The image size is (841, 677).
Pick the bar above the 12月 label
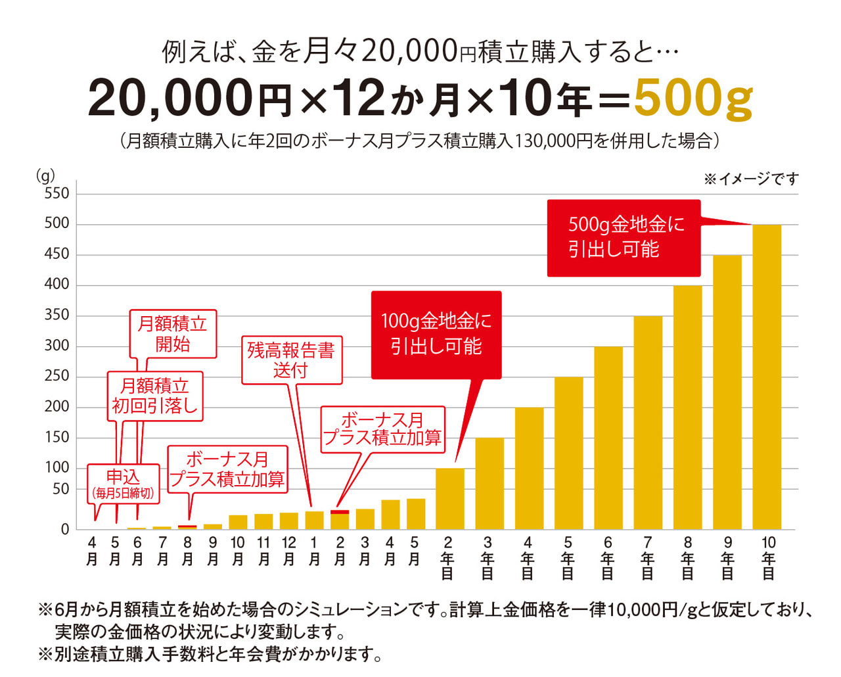[x=288, y=521]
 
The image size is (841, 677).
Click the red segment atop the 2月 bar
[x=340, y=511]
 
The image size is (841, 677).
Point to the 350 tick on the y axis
[x=57, y=315]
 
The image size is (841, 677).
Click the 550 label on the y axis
[x=57, y=193]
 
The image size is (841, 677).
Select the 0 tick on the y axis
[x=64, y=529]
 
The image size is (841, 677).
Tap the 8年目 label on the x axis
[x=687, y=557]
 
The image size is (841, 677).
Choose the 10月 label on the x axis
[x=238, y=551]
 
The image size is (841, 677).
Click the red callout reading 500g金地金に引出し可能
[x=624, y=238]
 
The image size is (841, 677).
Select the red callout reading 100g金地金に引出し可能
[x=436, y=335]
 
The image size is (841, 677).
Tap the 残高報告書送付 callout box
[x=292, y=360]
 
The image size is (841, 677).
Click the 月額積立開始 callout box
[x=173, y=334]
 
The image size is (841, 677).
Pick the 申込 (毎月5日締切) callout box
[x=123, y=484]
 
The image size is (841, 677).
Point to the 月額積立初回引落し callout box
[x=155, y=396]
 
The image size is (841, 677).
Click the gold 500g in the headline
[x=693, y=99]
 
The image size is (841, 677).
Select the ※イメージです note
[x=751, y=179]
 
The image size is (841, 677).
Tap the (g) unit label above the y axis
[x=45, y=175]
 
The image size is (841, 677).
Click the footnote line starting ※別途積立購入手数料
[x=210, y=654]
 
